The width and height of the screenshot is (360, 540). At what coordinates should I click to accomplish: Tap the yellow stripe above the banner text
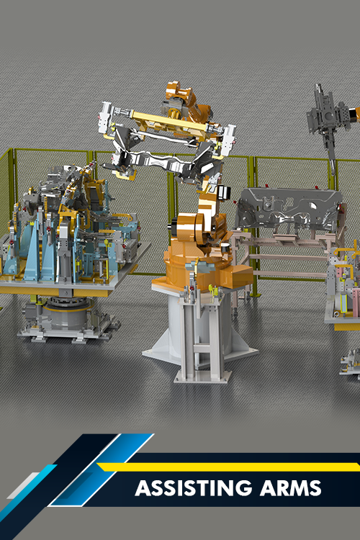point(228,467)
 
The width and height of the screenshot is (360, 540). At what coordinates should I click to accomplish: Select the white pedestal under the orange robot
point(200,334)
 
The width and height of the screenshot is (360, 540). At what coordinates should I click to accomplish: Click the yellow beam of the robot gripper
point(168,121)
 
